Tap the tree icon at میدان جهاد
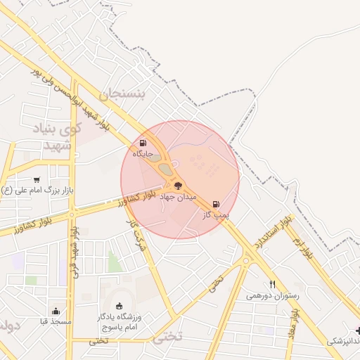click(x=177, y=186)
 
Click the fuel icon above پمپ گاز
click(x=216, y=204)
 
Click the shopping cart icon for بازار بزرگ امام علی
click(x=37, y=180)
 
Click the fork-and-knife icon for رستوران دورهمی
click(x=272, y=285)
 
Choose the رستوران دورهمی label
click(x=272, y=295)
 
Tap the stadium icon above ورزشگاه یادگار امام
click(x=119, y=306)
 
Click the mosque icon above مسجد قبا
click(x=56, y=311)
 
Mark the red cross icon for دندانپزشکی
click(x=358, y=330)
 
